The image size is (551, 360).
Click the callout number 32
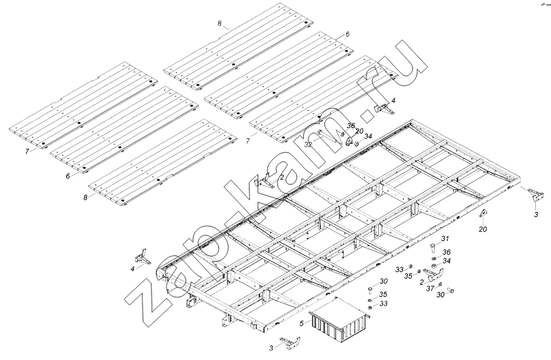tap(309, 145)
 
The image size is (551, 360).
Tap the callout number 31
tap(445, 238)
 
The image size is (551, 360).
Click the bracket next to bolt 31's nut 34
tap(433, 275)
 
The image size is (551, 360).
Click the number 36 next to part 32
tap(351, 126)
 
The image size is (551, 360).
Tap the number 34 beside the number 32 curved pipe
tap(368, 136)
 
